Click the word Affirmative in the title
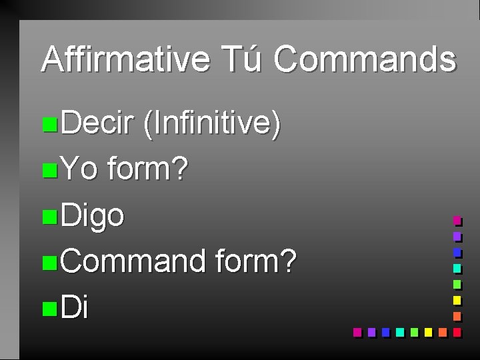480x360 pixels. coord(125,59)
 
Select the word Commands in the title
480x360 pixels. coord(365,59)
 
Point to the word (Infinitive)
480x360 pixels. coord(211,125)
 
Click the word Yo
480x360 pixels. coord(79,170)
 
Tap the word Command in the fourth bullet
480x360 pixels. coord(133,261)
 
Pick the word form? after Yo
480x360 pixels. coord(148,170)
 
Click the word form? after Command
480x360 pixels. coord(256,261)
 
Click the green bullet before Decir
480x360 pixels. coord(48,125)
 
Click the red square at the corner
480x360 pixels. coord(457,331)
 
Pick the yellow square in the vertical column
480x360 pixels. coord(457,300)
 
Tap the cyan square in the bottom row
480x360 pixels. coord(399,331)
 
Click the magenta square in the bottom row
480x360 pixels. coord(357,331)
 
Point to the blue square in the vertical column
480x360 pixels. coord(457,253)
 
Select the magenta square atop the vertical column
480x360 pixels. coord(457,220)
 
